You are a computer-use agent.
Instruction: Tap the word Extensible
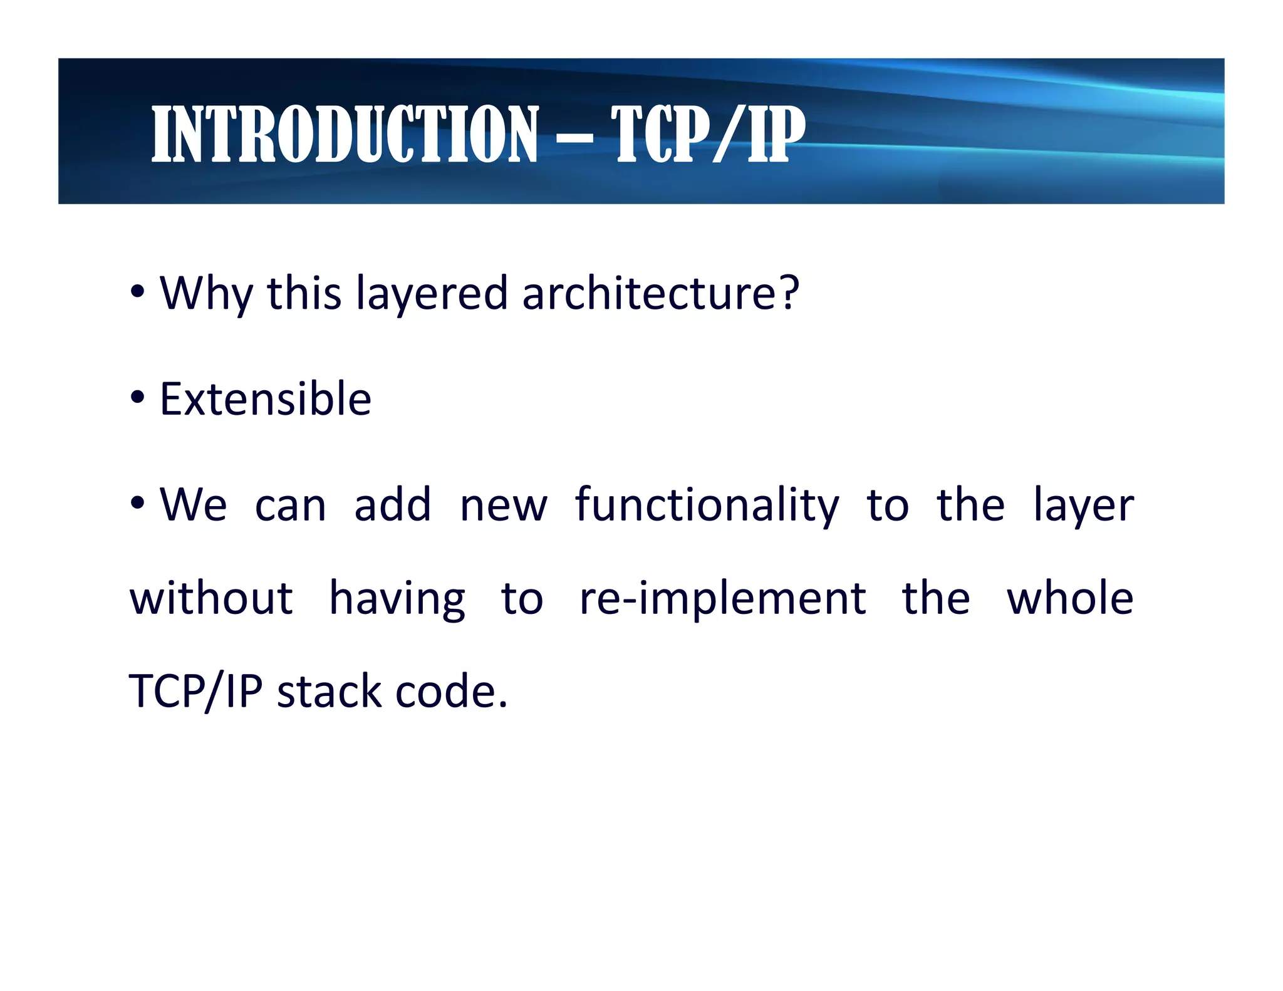[265, 399]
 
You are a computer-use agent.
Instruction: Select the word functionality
[707, 506]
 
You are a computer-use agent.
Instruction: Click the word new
[504, 506]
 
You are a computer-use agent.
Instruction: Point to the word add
[393, 504]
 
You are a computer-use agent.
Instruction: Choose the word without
[211, 598]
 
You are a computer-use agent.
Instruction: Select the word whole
[1069, 598]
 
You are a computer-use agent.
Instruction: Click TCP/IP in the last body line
[195, 692]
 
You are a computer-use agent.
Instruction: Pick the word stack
[329, 692]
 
